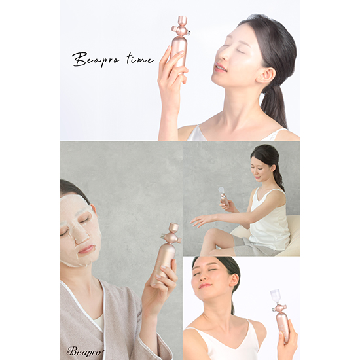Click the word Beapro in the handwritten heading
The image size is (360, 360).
click(x=96, y=60)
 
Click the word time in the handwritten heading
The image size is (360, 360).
click(x=140, y=59)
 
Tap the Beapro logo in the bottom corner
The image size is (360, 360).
click(x=84, y=351)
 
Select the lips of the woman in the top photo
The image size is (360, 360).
click(x=220, y=67)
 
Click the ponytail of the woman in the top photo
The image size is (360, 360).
click(x=274, y=105)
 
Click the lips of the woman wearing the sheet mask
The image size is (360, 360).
click(x=86, y=249)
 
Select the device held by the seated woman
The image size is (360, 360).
click(x=223, y=196)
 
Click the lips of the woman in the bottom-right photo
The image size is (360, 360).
click(x=204, y=286)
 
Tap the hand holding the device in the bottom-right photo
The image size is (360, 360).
click(x=287, y=340)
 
